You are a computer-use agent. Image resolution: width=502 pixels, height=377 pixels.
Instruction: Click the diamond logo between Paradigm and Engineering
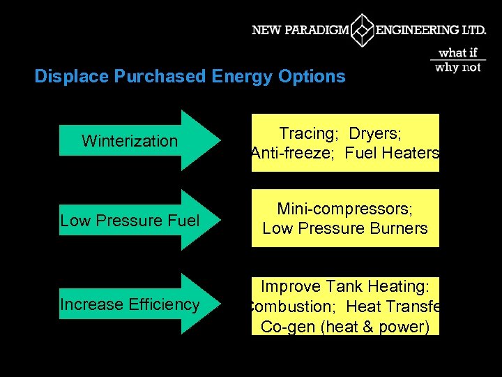coord(363,31)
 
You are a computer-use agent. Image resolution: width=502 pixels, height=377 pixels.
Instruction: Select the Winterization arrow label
coord(130,141)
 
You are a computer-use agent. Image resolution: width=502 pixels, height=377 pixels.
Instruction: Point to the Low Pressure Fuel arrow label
coord(130,221)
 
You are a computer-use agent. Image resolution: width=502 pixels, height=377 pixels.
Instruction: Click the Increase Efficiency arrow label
coord(130,304)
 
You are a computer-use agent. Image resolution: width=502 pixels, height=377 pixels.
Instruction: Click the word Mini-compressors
coord(345,209)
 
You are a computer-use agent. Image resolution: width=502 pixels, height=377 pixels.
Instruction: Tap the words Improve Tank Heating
coord(345,286)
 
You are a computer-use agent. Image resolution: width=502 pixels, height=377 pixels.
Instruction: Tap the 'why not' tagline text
coord(457,67)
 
